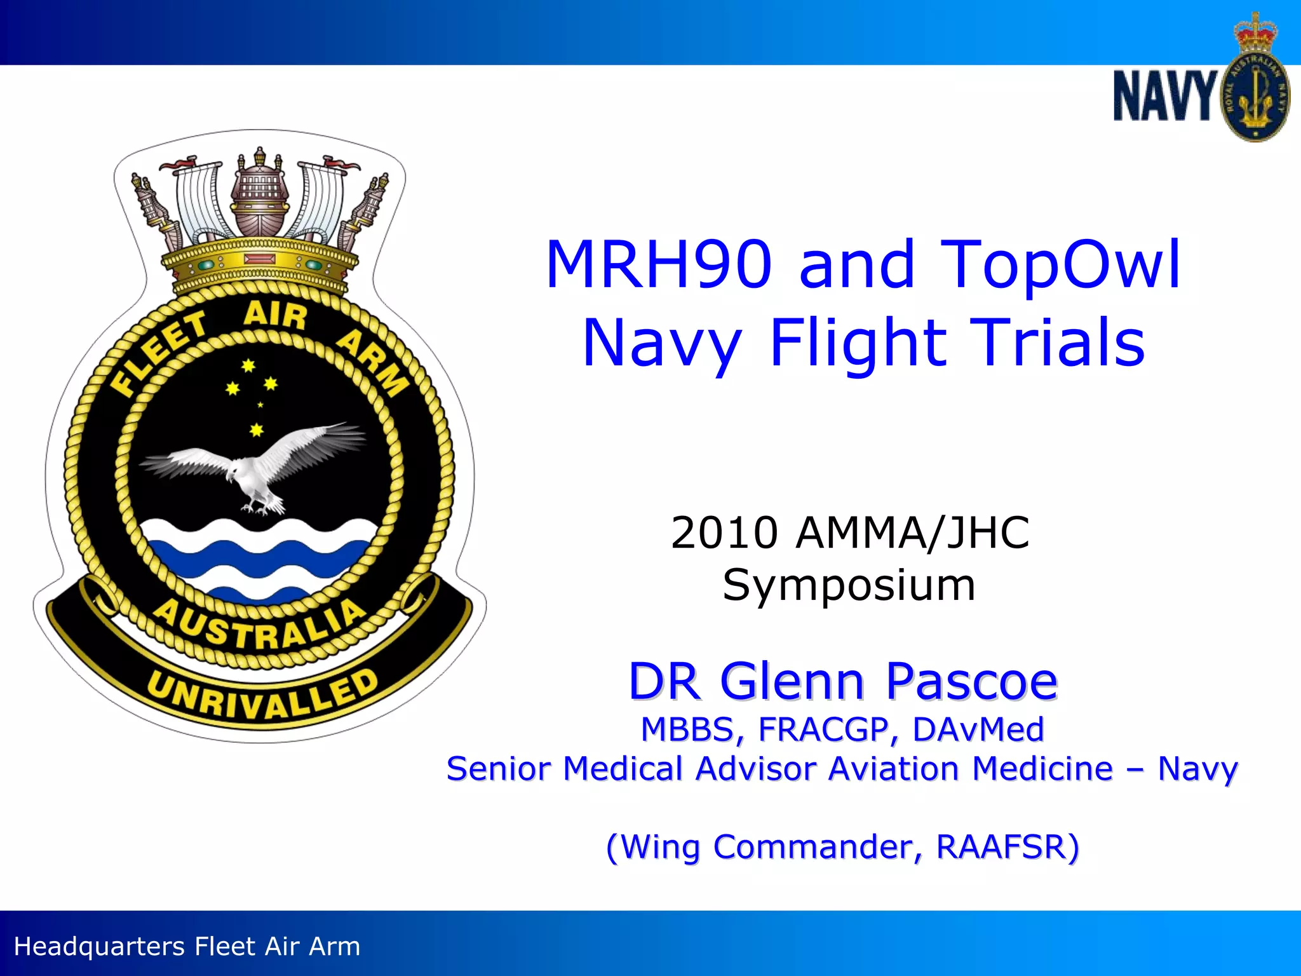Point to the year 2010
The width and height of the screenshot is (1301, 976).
coord(724,532)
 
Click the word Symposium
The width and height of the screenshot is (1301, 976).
coord(849,585)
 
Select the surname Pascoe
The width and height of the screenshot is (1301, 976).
coord(971,682)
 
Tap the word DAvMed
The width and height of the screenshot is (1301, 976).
coord(978,729)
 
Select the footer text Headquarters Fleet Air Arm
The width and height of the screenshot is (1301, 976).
coord(187,946)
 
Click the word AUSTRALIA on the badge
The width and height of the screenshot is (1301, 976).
coord(260,626)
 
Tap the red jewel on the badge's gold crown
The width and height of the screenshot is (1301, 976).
coord(260,259)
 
